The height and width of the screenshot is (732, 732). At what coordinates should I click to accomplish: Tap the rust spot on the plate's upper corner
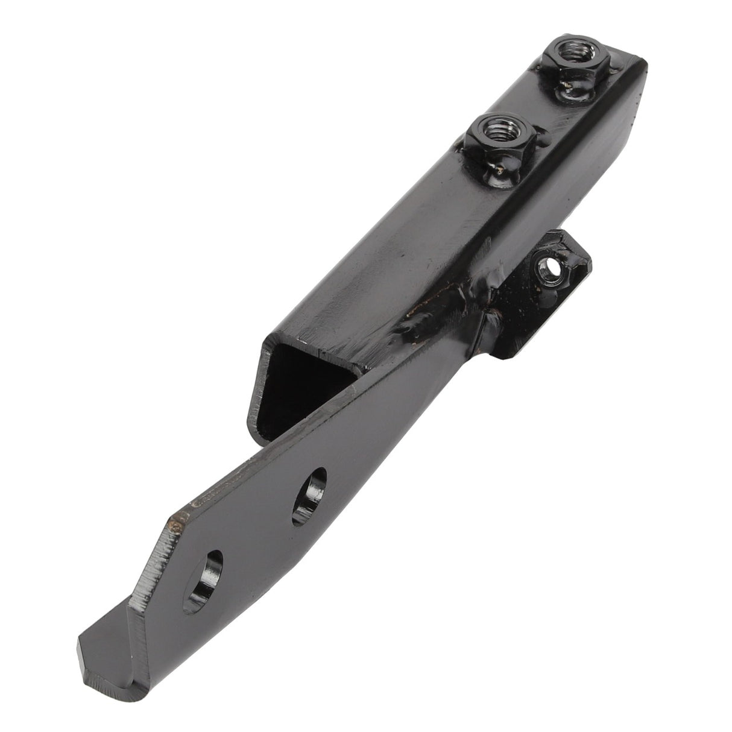point(177,525)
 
